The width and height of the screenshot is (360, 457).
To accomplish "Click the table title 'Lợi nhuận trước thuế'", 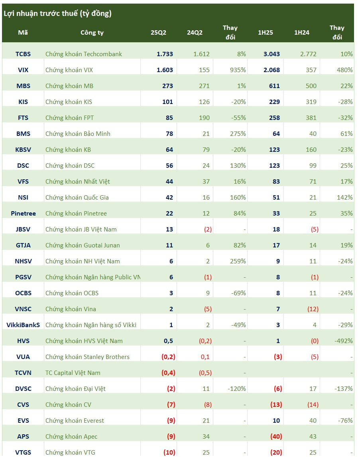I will point(57,14).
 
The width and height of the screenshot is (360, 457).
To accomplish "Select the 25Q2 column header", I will point(158,33).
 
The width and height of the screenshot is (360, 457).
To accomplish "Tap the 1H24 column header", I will point(302,33).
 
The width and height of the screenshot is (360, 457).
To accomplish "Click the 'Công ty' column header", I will point(92,33).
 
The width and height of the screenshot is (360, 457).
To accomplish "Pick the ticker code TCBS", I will point(23,54).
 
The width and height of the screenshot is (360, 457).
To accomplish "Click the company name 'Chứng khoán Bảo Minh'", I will point(78,133).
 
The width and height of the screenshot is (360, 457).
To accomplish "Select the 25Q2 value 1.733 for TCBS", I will point(165,54).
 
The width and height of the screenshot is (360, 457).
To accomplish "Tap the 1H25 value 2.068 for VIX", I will point(271,70).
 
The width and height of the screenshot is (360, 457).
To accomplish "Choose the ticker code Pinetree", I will point(23,213).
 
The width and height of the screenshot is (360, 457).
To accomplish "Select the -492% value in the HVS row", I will point(343,341).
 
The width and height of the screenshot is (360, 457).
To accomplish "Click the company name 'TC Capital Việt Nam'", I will point(73,373).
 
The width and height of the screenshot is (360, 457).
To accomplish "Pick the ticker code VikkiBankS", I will point(23,325).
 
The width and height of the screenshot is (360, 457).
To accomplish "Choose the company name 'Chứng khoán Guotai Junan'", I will point(83,245).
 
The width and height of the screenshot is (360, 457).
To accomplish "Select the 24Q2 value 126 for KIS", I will point(204,102).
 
